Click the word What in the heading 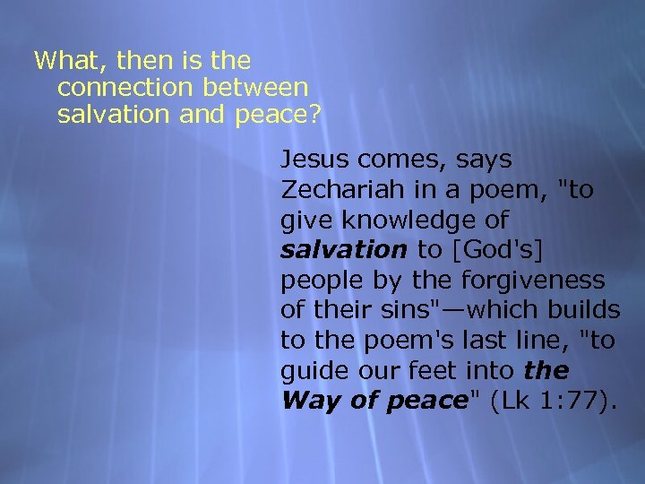(x=63, y=61)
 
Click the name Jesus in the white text (x=315, y=160)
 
